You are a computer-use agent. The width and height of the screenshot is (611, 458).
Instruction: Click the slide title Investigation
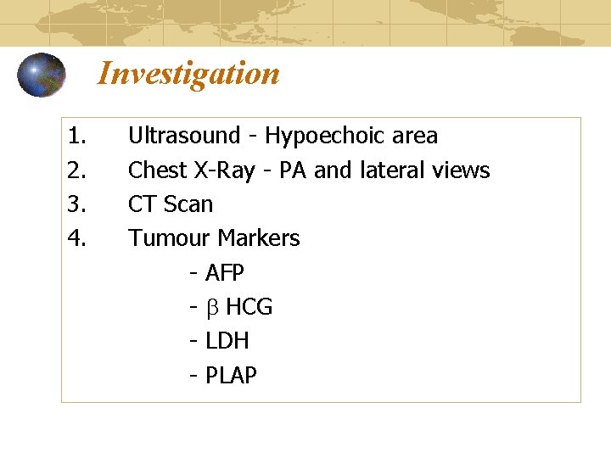pyautogui.click(x=188, y=74)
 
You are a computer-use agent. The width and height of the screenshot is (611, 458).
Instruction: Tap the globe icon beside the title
pyautogui.click(x=42, y=75)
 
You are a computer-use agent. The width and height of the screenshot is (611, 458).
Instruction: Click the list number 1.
pyautogui.click(x=77, y=136)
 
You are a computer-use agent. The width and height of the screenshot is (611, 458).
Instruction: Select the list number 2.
pyautogui.click(x=77, y=170)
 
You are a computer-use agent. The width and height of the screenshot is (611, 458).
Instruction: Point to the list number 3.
pyautogui.click(x=77, y=204)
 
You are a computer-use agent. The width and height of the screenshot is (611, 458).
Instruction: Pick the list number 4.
pyautogui.click(x=77, y=238)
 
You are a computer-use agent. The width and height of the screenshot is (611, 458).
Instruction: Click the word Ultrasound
pyautogui.click(x=184, y=136)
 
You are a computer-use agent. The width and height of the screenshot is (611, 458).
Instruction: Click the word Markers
pyautogui.click(x=259, y=238)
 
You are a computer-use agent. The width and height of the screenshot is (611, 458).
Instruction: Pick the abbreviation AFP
pyautogui.click(x=225, y=273)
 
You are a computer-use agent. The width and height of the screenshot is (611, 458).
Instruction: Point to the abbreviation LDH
pyautogui.click(x=227, y=341)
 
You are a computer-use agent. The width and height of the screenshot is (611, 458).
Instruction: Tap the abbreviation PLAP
pyautogui.click(x=231, y=375)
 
